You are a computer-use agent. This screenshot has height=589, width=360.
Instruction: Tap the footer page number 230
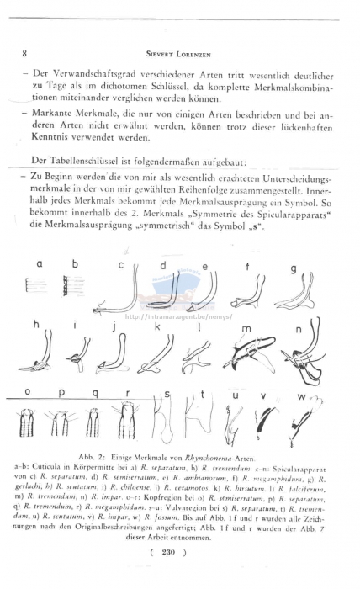[x=180, y=552]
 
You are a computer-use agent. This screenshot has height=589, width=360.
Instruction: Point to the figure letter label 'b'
[x=74, y=263]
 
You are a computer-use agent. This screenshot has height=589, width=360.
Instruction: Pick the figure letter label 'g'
[x=292, y=268]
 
